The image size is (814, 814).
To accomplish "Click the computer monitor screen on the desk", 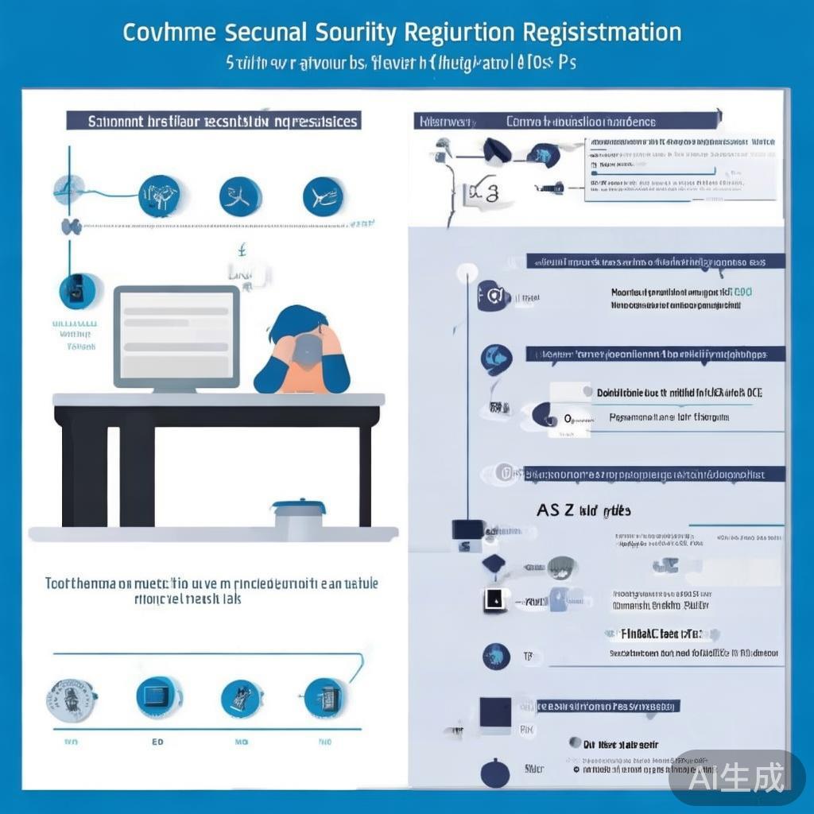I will tap(176, 335).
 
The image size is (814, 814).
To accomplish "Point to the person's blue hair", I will tap(298, 321).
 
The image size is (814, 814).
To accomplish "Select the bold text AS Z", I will tap(554, 510).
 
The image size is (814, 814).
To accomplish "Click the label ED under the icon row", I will tap(157, 742).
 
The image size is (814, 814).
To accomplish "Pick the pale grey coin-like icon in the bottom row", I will tap(72, 699).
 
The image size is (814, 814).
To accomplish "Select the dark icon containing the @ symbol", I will tap(493, 297).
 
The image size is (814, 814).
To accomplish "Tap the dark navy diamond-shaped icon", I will tap(494, 564).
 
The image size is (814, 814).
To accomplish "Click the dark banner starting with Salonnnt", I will tap(213, 122).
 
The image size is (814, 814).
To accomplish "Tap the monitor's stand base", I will tap(175, 389).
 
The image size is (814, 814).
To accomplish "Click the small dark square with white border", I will tap(493, 600).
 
